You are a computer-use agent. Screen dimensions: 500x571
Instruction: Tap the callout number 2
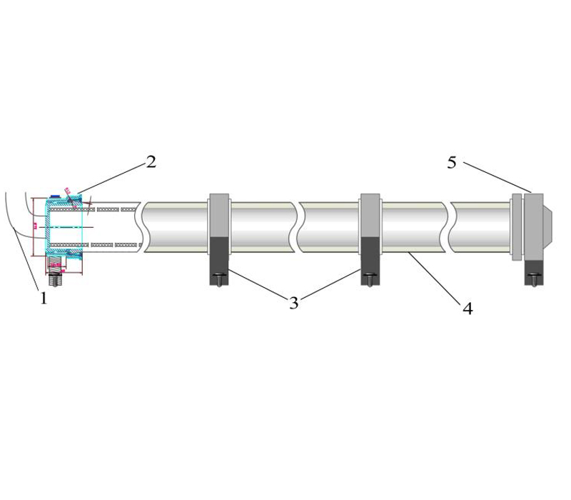pos(151,161)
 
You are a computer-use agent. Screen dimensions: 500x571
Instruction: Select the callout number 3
pos(293,302)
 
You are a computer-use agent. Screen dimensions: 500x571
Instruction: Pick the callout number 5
pos(452,163)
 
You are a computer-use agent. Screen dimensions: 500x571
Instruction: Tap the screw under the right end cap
pos(535,275)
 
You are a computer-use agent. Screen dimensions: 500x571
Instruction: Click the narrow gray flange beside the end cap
pos(517,225)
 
